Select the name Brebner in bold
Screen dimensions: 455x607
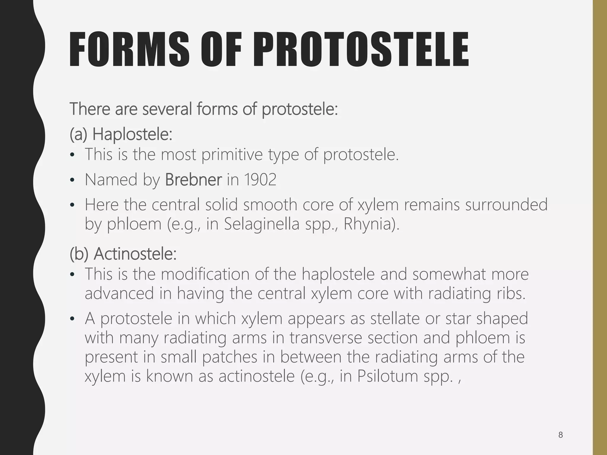coord(193,180)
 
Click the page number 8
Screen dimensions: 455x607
coord(560,435)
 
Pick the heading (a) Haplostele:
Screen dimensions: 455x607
coord(121,134)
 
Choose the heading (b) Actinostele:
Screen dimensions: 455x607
coord(123,254)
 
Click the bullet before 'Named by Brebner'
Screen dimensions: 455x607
coord(72,180)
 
